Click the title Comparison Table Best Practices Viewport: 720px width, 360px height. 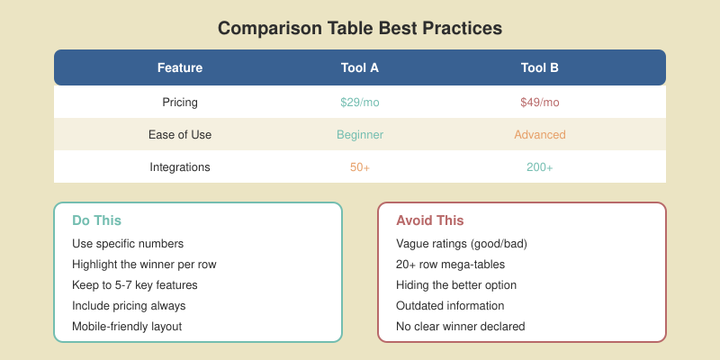pos(360,28)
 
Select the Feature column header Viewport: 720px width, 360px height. pos(180,67)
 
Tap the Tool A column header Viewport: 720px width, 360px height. pos(360,67)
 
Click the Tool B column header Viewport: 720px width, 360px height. pos(540,67)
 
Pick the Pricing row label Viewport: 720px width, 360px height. pos(180,103)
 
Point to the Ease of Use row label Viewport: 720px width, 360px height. pos(180,135)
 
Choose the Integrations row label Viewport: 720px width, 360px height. pos(180,167)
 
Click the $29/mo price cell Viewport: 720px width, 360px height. pos(360,103)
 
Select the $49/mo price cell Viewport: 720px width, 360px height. pos(540,103)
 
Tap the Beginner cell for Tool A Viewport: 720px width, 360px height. pos(360,135)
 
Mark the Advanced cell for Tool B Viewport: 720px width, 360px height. pos(540,135)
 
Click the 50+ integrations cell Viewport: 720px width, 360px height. pos(360,167)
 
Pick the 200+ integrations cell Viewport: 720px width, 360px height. pos(540,167)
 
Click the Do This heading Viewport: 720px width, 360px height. pos(96,220)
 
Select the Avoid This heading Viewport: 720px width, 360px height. pos(430,220)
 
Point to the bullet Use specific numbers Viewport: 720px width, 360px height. pos(127,244)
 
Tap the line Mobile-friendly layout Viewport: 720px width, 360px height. pos(127,327)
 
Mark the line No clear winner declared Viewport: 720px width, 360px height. pos(460,327)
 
